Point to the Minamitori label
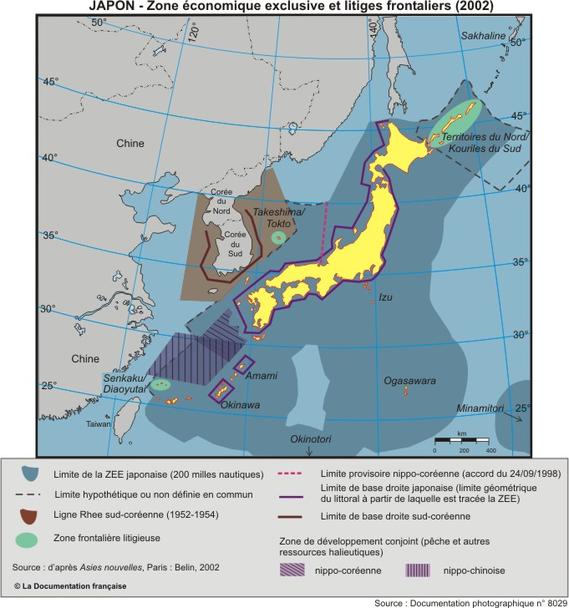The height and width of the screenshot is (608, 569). [487, 408]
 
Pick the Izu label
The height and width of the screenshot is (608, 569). [386, 297]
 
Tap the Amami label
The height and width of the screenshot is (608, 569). [261, 375]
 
